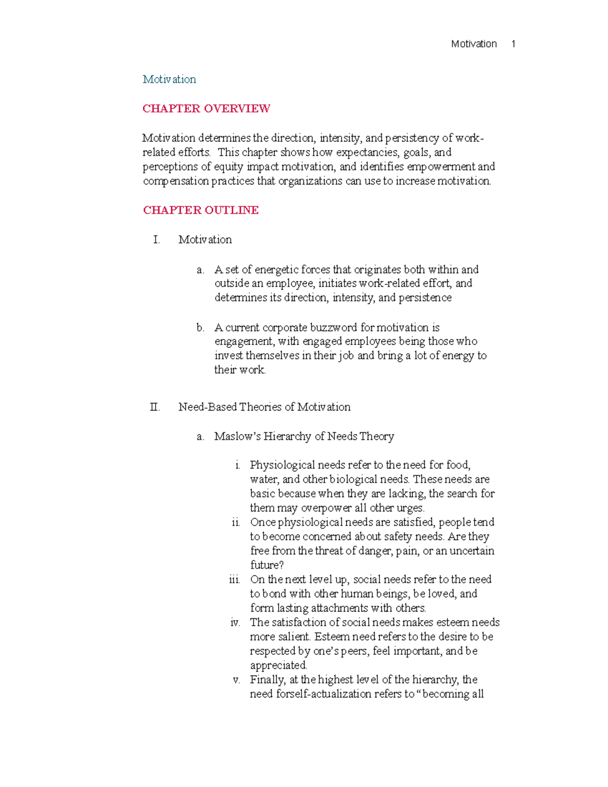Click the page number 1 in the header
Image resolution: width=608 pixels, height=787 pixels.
(513, 44)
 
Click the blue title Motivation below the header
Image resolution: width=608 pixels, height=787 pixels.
(169, 80)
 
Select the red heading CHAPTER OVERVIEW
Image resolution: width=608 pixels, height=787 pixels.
(206, 108)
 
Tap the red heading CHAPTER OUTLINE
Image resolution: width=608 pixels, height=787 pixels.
(201, 210)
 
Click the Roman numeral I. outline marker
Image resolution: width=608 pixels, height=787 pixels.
(156, 240)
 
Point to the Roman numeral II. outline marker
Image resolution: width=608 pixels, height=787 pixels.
(155, 407)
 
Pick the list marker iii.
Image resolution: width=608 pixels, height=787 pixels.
(234, 580)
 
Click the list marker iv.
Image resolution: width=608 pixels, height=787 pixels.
(235, 623)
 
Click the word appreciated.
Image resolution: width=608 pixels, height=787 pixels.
(279, 665)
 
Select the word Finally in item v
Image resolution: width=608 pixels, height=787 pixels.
(268, 680)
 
